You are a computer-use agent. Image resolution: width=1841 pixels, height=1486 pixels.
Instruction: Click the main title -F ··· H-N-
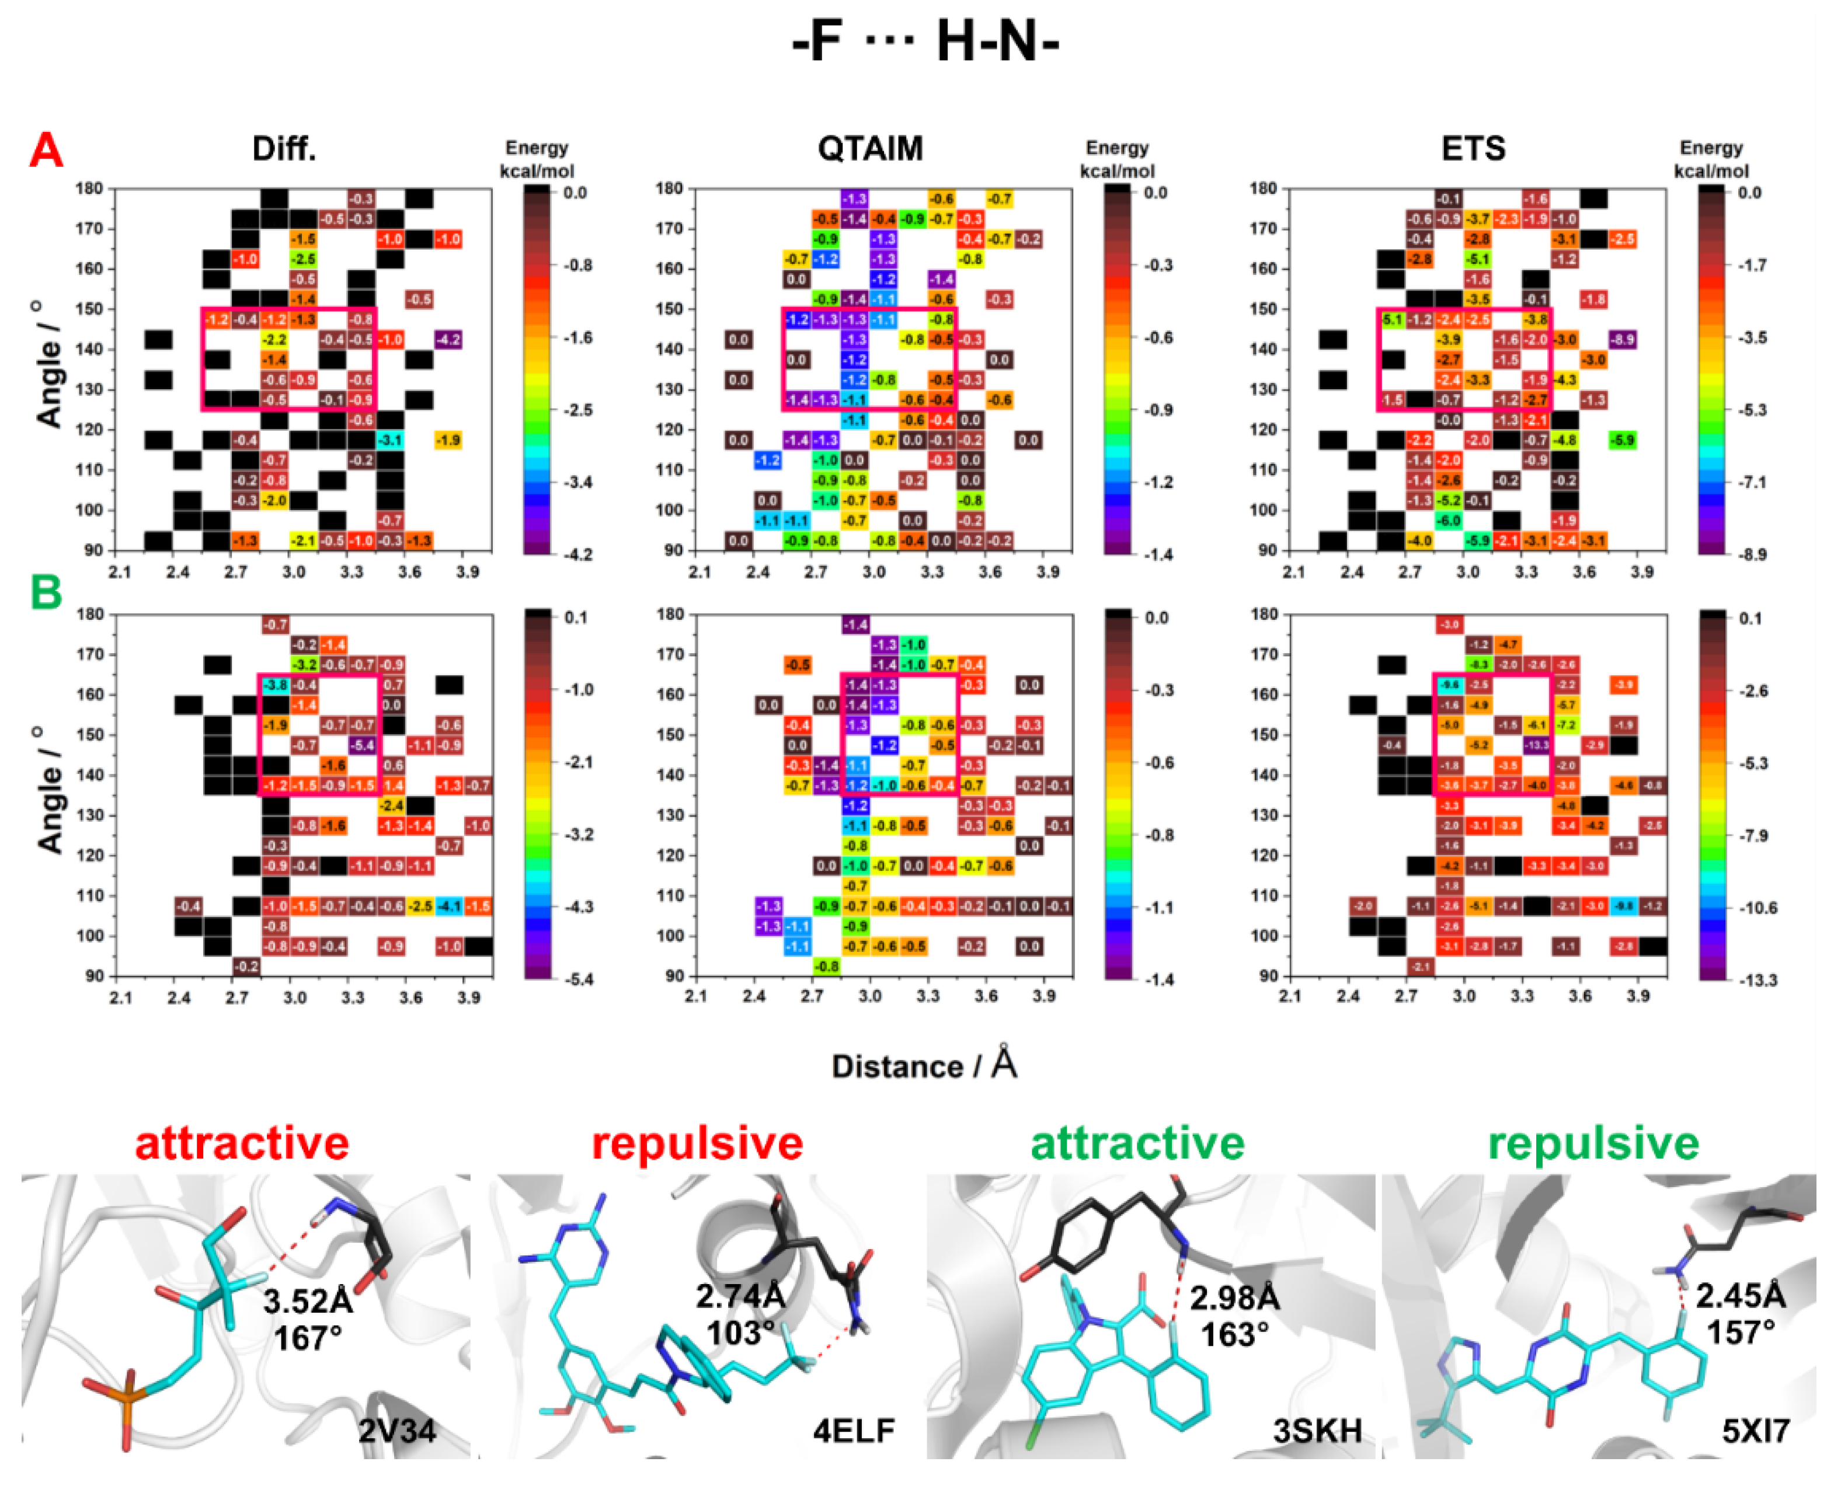pyautogui.click(x=925, y=41)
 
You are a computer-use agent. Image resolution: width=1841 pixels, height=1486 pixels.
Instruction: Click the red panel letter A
pyautogui.click(x=46, y=151)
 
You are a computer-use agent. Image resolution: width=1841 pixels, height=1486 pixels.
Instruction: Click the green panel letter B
pyautogui.click(x=46, y=591)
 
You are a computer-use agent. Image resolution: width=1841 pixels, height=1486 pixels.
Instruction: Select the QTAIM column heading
pyautogui.click(x=870, y=149)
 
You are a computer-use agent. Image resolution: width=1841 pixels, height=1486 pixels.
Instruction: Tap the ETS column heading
pyautogui.click(x=1473, y=149)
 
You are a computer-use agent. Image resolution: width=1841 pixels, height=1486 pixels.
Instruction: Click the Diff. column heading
pyautogui.click(x=284, y=149)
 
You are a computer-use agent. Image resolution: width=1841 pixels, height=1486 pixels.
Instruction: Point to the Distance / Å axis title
pyautogui.click(x=924, y=1066)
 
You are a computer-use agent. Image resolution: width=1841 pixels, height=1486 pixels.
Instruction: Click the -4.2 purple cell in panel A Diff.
pyautogui.click(x=448, y=340)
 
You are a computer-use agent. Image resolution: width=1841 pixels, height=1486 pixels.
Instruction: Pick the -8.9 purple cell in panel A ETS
pyautogui.click(x=1622, y=340)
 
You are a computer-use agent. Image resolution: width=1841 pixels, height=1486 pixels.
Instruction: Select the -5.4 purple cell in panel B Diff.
pyautogui.click(x=363, y=745)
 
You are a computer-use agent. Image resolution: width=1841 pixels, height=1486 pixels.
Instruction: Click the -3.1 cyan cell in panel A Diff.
pyautogui.click(x=391, y=440)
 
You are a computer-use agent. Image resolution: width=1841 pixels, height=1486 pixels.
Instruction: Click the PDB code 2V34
pyautogui.click(x=396, y=1431)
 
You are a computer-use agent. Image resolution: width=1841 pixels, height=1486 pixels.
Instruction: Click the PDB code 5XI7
pyautogui.click(x=1755, y=1431)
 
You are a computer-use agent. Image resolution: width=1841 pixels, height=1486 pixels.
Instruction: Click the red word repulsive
pyautogui.click(x=697, y=1143)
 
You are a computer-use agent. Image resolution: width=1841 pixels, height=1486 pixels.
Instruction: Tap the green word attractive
pyautogui.click(x=1137, y=1143)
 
